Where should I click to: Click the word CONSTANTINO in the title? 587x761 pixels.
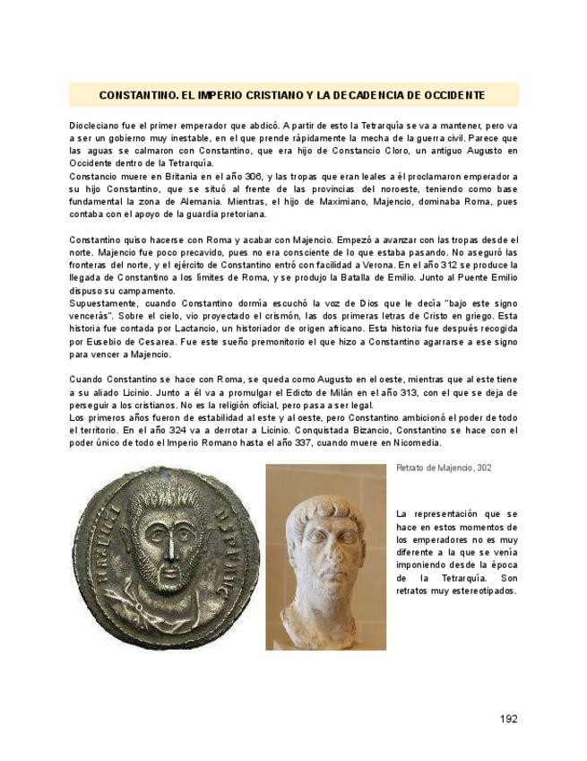coord(137,94)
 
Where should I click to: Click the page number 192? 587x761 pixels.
coord(508,719)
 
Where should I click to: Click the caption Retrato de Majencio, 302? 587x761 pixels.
coord(444,468)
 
